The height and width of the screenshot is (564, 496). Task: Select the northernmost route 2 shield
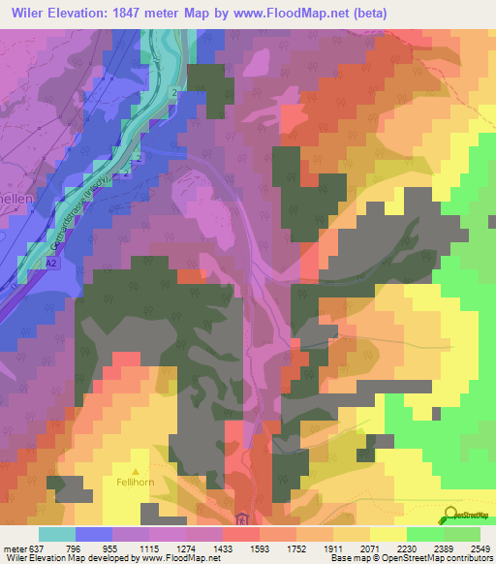(173, 92)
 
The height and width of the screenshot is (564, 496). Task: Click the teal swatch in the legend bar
(56, 534)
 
